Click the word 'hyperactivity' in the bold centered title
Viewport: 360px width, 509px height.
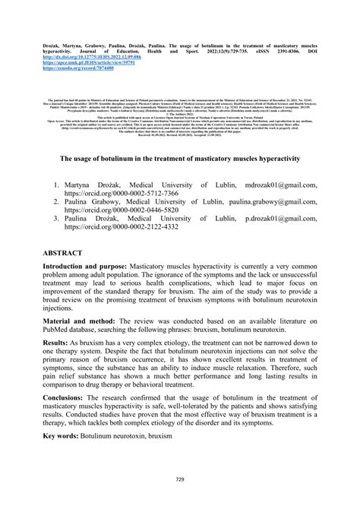click(x=278, y=158)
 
